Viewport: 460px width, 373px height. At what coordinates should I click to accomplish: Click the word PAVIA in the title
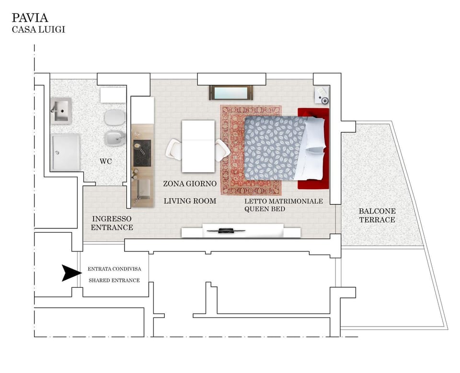pos(30,18)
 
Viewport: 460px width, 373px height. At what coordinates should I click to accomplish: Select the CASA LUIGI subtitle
pos(38,30)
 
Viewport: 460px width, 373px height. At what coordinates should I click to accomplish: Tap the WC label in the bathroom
pos(106,161)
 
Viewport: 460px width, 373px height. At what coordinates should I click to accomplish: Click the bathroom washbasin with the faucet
pos(61,111)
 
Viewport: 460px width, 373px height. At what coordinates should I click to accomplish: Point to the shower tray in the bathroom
pos(66,152)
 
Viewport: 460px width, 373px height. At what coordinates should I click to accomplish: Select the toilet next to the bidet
pos(115,116)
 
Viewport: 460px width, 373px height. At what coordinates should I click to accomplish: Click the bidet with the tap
pos(115,138)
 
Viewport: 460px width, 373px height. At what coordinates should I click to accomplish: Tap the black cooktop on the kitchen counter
pos(142,153)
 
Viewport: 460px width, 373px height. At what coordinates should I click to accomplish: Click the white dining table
pos(198,146)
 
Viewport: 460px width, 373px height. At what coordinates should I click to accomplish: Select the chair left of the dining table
pos(173,149)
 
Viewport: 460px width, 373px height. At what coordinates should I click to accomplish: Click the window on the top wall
pos(230,92)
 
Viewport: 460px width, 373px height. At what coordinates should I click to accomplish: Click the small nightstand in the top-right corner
pos(322,96)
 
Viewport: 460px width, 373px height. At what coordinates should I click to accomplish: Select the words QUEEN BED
pos(264,209)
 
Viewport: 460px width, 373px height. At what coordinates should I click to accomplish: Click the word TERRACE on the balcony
pos(378,220)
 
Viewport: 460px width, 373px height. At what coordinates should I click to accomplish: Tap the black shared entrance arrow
pos(71,273)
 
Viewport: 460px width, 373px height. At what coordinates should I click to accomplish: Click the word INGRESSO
pos(112,218)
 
